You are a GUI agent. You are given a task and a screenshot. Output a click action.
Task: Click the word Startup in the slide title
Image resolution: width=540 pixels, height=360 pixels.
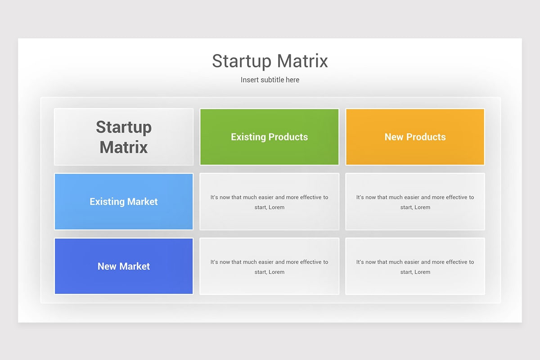(x=242, y=62)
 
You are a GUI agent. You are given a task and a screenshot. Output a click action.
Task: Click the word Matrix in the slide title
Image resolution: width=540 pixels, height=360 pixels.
(x=302, y=61)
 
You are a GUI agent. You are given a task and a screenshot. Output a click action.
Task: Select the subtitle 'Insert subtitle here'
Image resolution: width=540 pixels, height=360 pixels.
(x=270, y=80)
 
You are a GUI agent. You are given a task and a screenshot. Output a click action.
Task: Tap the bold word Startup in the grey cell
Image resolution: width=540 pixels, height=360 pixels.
(x=124, y=127)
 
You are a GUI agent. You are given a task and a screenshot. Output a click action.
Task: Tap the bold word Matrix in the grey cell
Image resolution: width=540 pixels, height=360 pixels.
(x=124, y=147)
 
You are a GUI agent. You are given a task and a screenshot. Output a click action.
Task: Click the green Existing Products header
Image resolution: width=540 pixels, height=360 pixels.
(x=269, y=137)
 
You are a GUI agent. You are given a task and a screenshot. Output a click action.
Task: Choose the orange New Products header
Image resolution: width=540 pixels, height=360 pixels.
(x=415, y=137)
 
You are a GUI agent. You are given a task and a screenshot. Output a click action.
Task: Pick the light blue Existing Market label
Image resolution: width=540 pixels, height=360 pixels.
(x=124, y=202)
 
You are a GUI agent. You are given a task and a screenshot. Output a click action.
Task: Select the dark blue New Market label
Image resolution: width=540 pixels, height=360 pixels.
(x=124, y=266)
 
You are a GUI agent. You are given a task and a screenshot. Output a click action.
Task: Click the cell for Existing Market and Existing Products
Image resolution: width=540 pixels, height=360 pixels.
(x=269, y=202)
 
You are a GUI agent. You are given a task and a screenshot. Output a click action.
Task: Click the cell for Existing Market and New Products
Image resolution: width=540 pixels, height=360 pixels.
(x=415, y=202)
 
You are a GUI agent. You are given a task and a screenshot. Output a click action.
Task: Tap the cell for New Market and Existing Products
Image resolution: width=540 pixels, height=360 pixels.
(x=269, y=266)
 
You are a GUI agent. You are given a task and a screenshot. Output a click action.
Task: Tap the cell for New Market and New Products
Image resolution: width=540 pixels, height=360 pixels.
(x=415, y=266)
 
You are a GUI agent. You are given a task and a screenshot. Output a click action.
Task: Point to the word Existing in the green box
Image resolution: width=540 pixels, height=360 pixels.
(x=248, y=137)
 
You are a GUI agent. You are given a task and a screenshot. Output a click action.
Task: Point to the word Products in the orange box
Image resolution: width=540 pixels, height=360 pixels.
(x=426, y=137)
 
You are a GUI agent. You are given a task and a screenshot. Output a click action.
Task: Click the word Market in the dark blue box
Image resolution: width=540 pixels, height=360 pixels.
(x=135, y=266)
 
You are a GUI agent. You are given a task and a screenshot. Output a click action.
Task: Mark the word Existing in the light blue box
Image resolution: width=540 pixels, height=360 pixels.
(x=107, y=202)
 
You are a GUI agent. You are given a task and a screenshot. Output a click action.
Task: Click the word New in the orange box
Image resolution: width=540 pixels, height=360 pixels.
(x=394, y=137)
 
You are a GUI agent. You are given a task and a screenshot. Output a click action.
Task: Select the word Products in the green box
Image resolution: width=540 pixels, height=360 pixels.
(x=288, y=137)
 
